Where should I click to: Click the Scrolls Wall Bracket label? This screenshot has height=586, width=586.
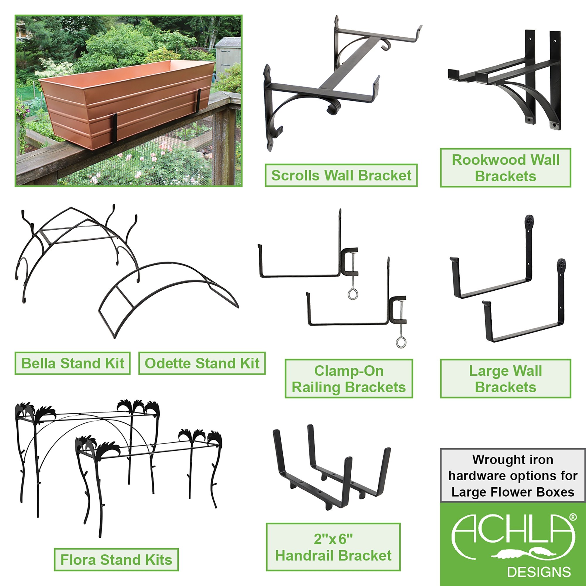point(341,175)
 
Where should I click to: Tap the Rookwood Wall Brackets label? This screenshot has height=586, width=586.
point(505,168)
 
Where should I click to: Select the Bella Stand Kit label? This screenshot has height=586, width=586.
point(72,363)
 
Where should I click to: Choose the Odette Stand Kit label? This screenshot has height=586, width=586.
point(202,363)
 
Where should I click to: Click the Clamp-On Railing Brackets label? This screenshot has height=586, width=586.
point(349,379)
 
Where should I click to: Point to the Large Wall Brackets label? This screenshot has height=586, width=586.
point(505,379)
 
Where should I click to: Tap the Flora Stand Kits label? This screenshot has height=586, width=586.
point(116,560)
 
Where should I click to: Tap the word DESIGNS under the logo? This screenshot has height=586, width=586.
point(539,572)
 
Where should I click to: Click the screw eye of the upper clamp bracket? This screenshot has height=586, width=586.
point(352,294)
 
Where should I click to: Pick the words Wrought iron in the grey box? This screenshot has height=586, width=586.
point(512,460)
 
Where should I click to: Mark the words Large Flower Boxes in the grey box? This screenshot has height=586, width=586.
point(512,492)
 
